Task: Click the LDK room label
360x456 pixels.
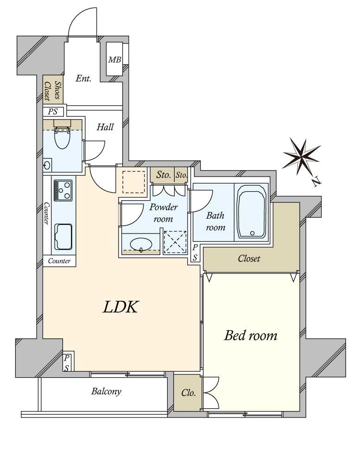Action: pos(120,307)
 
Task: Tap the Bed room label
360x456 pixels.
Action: pos(250,336)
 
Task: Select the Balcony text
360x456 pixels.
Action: pos(106,392)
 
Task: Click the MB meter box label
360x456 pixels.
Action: pos(114,60)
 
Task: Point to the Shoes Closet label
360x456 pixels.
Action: pos(53,90)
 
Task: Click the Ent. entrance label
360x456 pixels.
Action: pos(83,78)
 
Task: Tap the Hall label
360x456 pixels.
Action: pos(105,127)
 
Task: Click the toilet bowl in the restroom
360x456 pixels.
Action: pos(62,137)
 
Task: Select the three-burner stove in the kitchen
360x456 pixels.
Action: pos(63,190)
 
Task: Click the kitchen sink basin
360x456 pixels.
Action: pos(63,237)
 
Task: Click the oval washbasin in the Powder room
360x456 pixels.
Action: pos(141,244)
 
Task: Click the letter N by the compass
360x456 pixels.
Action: pos(317,182)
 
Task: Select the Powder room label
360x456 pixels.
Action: pos(163,213)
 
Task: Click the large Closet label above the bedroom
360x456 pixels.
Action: pos(249,258)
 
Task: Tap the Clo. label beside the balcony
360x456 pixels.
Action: pos(189,393)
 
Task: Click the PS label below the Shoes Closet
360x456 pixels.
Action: pos(53,111)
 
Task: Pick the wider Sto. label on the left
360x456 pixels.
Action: pos(164,175)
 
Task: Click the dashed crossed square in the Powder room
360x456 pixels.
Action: pos(175,242)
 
